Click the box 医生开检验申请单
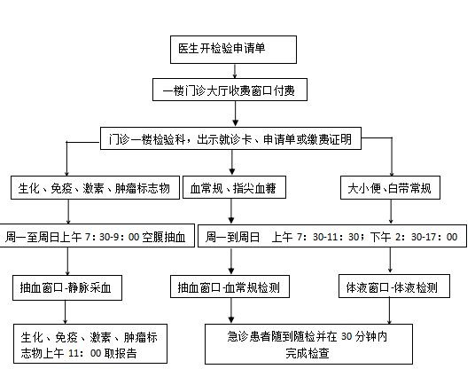[x=233, y=50]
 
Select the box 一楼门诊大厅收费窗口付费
[x=230, y=90]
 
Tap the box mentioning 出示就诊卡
[x=230, y=138]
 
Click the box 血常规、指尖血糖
[x=234, y=187]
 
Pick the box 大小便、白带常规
[x=390, y=188]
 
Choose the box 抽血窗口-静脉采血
[x=67, y=287]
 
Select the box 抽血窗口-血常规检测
[x=230, y=287]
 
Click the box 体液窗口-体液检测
[x=393, y=287]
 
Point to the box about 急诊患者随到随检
[x=308, y=344]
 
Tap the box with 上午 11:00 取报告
[x=90, y=343]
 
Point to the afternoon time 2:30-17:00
[x=426, y=237]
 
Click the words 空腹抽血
[x=164, y=237]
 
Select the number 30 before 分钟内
[x=347, y=336]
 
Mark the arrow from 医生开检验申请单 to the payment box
[x=235, y=71]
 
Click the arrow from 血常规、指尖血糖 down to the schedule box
[x=231, y=211]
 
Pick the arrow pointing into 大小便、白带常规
[x=392, y=156]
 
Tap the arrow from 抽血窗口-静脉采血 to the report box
[x=65, y=312]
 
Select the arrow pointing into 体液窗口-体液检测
[x=390, y=261]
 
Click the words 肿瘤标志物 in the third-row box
[x=143, y=188]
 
